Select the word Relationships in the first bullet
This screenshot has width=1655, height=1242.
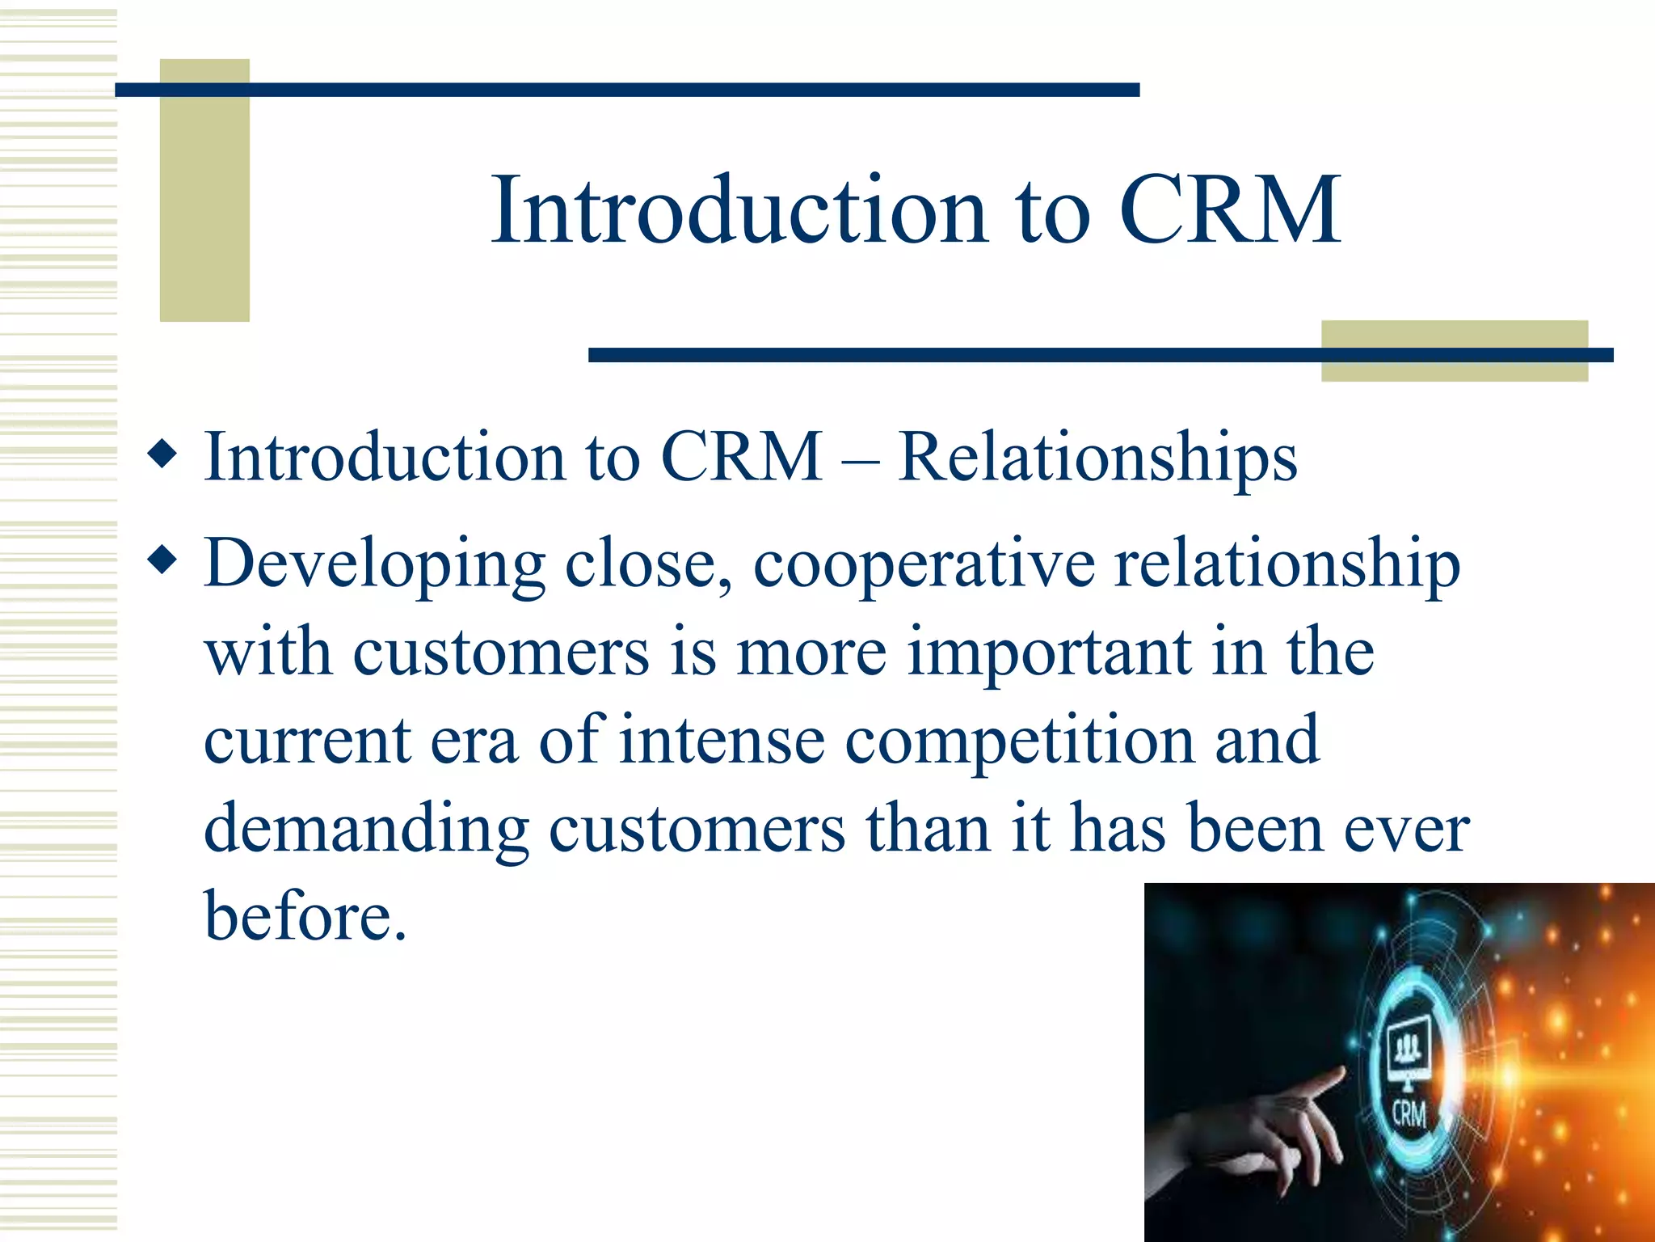(x=1097, y=458)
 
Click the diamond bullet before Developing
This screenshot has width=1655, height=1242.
(x=163, y=560)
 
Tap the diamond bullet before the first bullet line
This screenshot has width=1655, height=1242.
(x=163, y=454)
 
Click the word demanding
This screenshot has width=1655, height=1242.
(x=366, y=829)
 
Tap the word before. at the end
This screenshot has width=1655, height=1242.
(x=305, y=917)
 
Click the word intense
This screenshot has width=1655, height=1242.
(x=721, y=741)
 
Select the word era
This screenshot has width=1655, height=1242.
(x=474, y=741)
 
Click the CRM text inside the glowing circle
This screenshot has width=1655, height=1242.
(x=1409, y=1113)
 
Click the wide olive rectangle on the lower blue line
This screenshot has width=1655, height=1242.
(x=1454, y=351)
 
